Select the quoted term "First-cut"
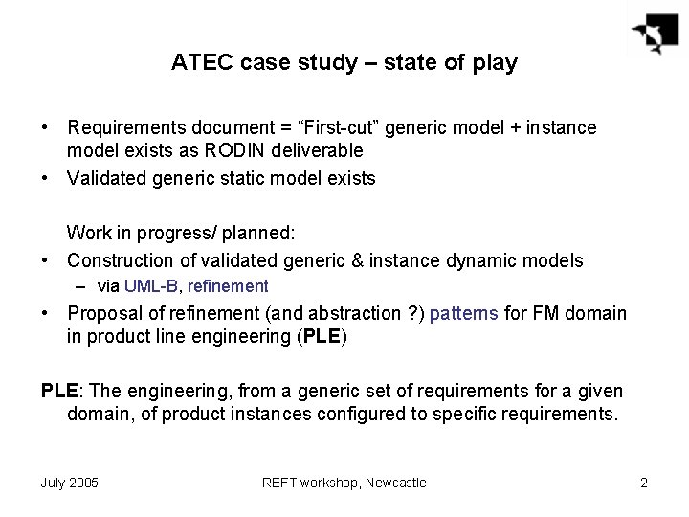click(317, 127)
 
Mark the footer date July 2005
click(69, 483)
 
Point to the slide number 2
click(644, 483)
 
